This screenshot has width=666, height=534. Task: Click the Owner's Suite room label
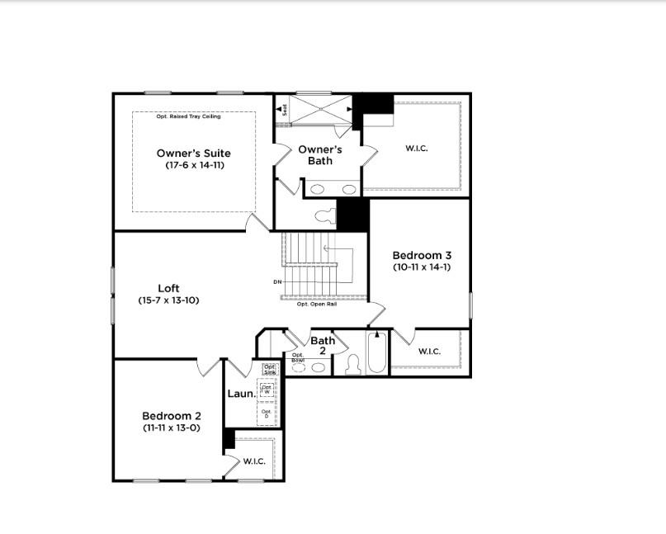tap(194, 153)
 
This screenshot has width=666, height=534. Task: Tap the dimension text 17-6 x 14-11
tap(194, 165)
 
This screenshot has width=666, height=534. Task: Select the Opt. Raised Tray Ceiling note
tap(194, 117)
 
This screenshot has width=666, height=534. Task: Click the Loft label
tap(168, 288)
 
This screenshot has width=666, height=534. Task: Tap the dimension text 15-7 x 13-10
tap(168, 300)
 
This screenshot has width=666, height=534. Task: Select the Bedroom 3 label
tap(421, 255)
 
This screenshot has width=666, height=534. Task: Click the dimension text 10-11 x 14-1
tap(421, 267)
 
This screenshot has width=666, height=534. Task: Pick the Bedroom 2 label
tap(172, 416)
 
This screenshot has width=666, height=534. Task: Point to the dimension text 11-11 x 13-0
tap(172, 428)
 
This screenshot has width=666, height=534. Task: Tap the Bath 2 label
tap(323, 345)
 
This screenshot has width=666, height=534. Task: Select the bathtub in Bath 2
tap(376, 353)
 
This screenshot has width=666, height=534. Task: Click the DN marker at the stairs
tap(277, 282)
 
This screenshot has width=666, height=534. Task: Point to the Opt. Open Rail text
tap(317, 304)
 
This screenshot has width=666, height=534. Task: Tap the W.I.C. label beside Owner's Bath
tap(417, 149)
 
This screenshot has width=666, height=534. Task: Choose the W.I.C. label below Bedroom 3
tap(429, 352)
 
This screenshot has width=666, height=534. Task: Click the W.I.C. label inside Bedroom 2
tap(254, 461)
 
